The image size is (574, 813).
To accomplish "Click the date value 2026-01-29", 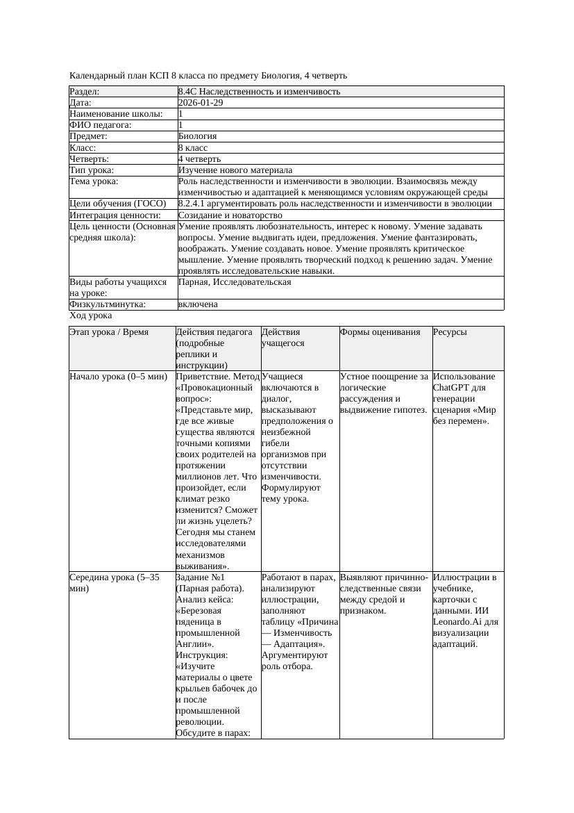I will point(201,103).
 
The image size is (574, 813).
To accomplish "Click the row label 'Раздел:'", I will point(85,92).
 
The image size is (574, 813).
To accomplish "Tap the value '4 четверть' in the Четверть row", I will point(199,159).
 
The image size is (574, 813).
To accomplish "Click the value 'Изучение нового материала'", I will point(235,170).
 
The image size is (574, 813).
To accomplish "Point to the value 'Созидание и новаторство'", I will point(230,215).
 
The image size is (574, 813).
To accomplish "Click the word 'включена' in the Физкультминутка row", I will point(198,304).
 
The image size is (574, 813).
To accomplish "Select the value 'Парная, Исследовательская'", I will point(235,282).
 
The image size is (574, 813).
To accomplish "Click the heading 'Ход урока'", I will point(90,315).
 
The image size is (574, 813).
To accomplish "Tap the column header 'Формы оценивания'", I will point(380,332).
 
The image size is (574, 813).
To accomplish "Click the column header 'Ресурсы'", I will point(450,332).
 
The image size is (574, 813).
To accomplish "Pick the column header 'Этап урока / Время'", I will point(109,332).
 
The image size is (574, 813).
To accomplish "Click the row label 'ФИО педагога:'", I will point(101,125).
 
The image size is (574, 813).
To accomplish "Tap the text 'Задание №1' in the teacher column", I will point(201,577).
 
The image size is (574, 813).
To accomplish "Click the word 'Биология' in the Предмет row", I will point(197,137).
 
